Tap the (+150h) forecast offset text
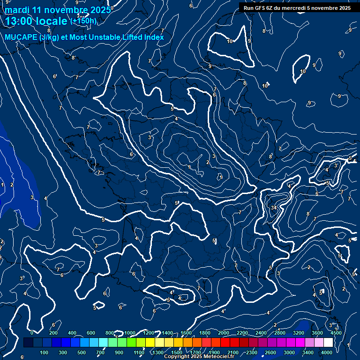click(83, 21)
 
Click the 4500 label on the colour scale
click(336, 333)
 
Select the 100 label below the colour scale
click(44, 352)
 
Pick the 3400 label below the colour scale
click(308, 352)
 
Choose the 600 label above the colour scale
click(91, 333)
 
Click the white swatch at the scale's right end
click(329, 343)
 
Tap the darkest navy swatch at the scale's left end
click(28, 343)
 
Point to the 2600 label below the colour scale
click(270, 352)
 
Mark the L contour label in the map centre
click(190, 167)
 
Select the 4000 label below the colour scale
click(327, 352)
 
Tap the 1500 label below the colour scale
click(177, 352)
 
